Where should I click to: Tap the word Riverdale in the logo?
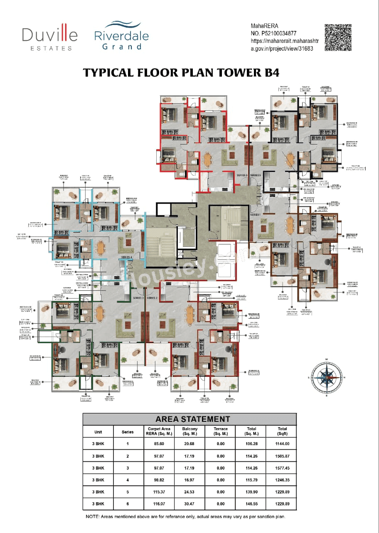121,36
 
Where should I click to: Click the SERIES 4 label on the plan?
126,258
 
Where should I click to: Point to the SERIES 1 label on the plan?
255,214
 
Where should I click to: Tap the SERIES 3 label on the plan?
138,298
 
